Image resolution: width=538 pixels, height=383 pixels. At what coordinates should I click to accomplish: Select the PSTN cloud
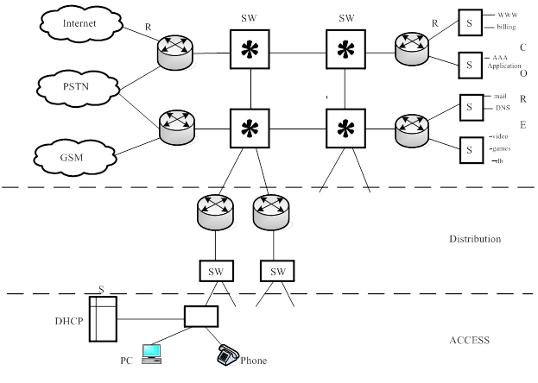pos(76,86)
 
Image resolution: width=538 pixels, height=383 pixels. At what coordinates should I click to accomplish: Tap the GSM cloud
pos(74,157)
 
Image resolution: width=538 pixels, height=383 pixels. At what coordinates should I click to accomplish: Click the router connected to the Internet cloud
pos(176,53)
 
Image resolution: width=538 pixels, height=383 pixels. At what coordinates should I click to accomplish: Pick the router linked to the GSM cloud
pos(176,129)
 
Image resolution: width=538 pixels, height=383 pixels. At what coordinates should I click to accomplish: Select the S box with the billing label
pos(471,21)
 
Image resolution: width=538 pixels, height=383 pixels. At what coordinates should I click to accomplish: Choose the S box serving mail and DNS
pos(471,106)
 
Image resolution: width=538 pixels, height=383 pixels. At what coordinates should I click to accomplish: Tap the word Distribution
pos(475,238)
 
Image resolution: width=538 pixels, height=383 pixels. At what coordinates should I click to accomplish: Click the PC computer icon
pos(152,352)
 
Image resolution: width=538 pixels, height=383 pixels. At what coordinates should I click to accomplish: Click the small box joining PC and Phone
pos(201,317)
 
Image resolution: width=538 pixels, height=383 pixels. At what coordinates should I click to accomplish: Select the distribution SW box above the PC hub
pos(215,270)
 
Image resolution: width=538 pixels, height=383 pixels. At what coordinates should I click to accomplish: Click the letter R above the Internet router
pos(148,27)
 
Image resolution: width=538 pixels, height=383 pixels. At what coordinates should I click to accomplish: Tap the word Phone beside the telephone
pos(254,361)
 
